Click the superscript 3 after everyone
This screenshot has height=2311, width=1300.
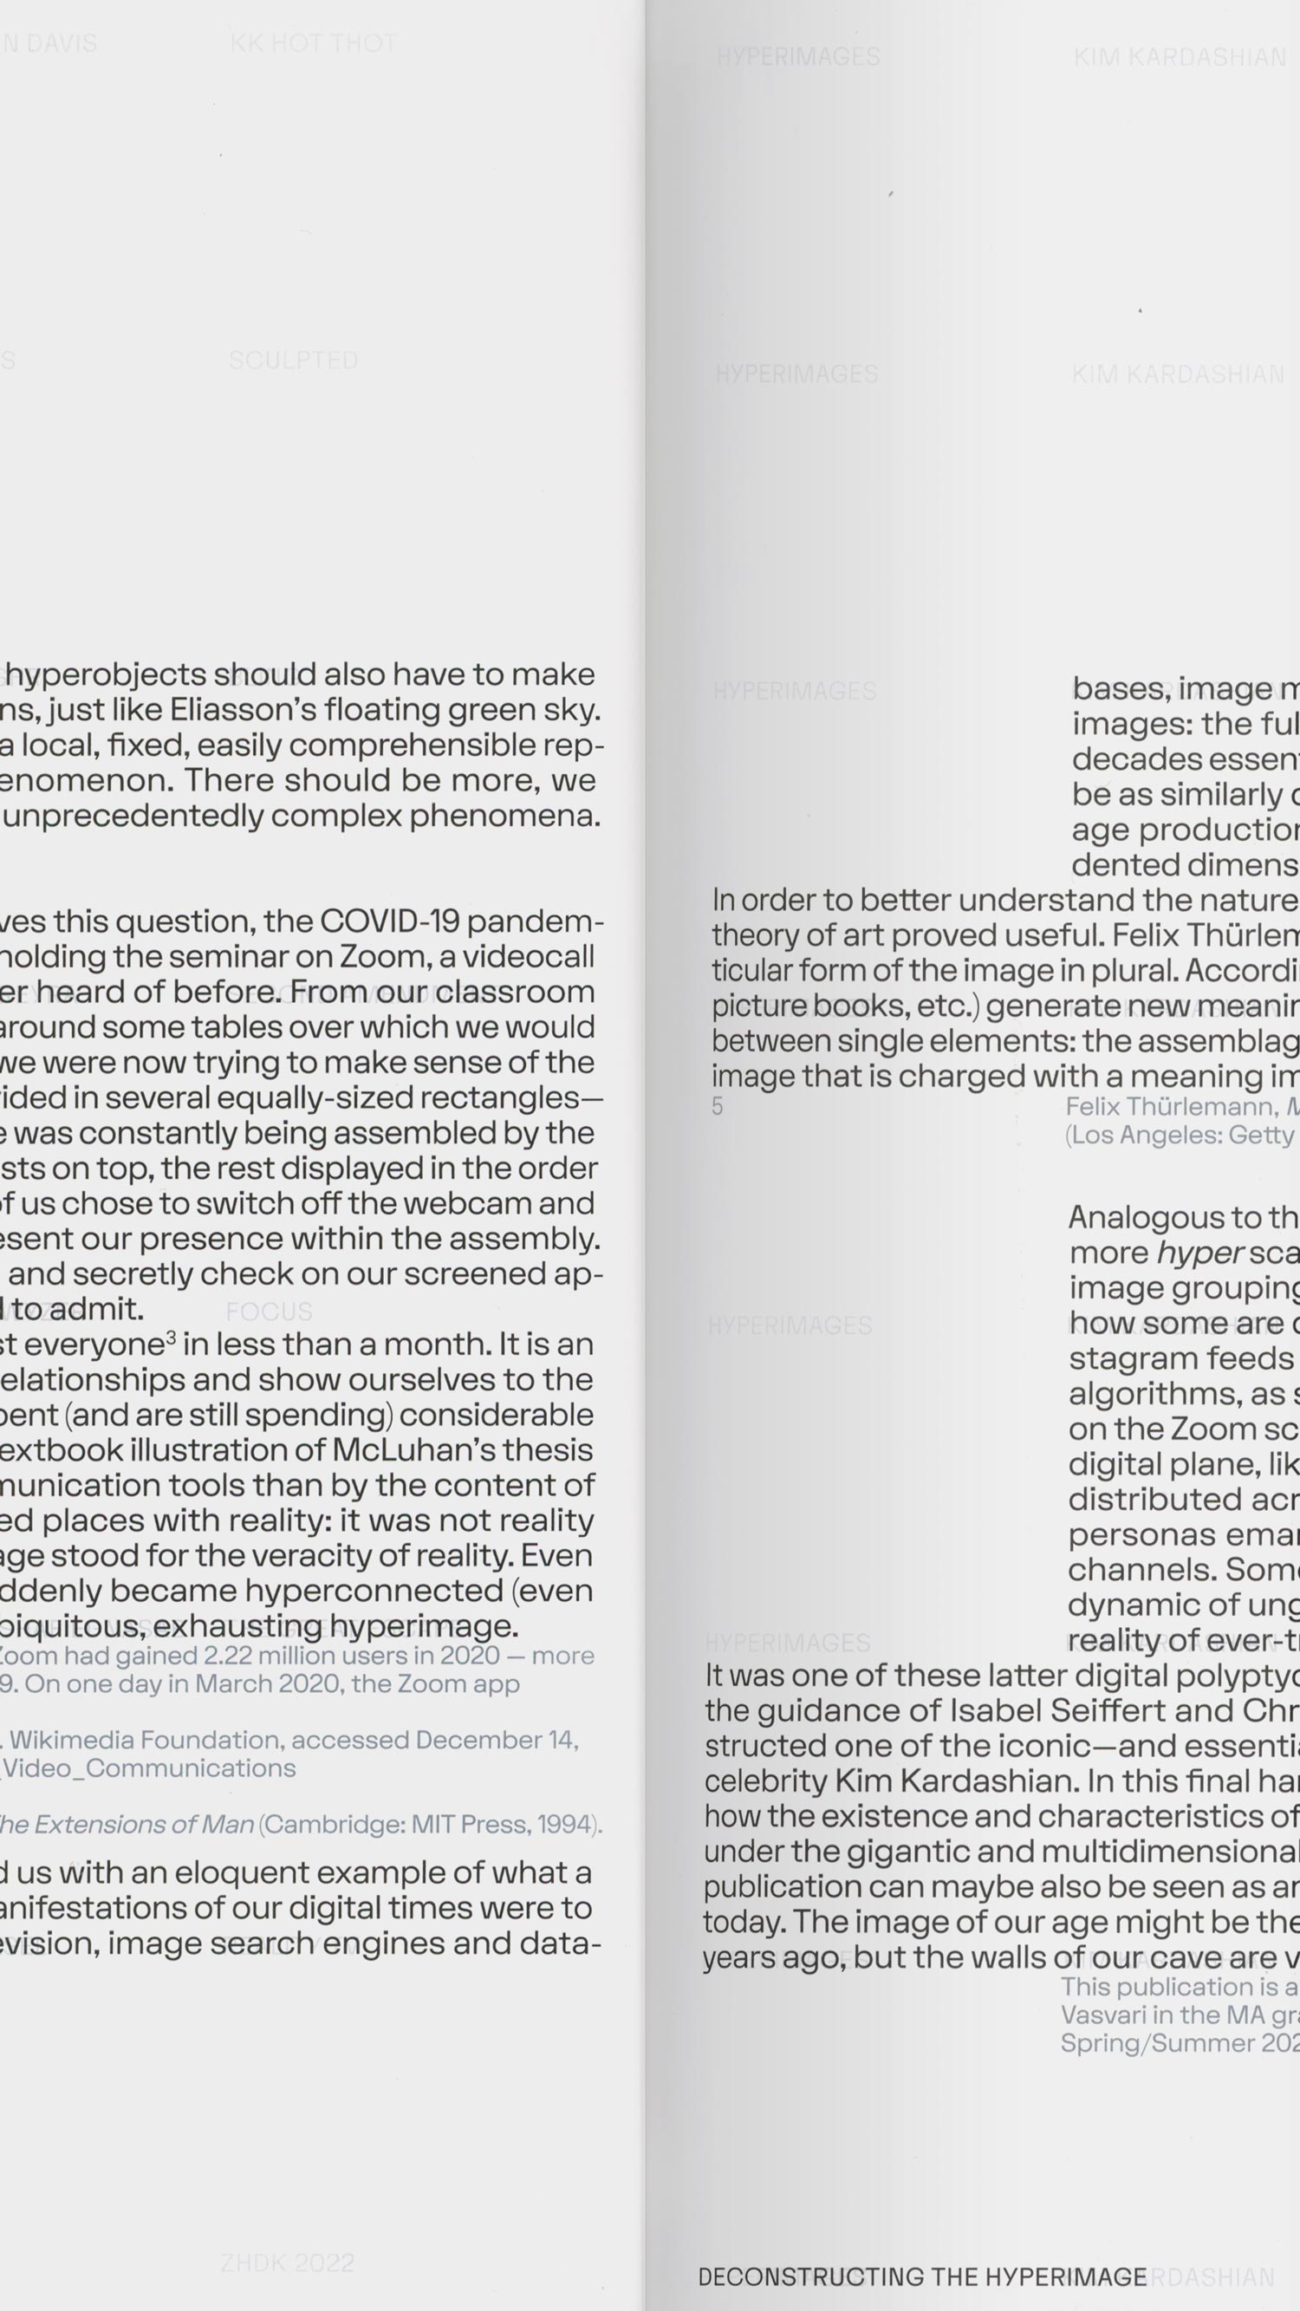click(x=171, y=1338)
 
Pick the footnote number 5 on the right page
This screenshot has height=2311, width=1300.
click(x=717, y=1106)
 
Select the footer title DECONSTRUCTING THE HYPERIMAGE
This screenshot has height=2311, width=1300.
click(x=921, y=2277)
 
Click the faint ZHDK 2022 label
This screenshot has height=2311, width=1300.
click(x=287, y=2262)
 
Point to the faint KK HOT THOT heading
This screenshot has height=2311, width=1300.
click(x=313, y=43)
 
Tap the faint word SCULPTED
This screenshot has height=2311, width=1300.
click(x=294, y=361)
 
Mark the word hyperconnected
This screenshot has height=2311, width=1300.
click(x=374, y=1591)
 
